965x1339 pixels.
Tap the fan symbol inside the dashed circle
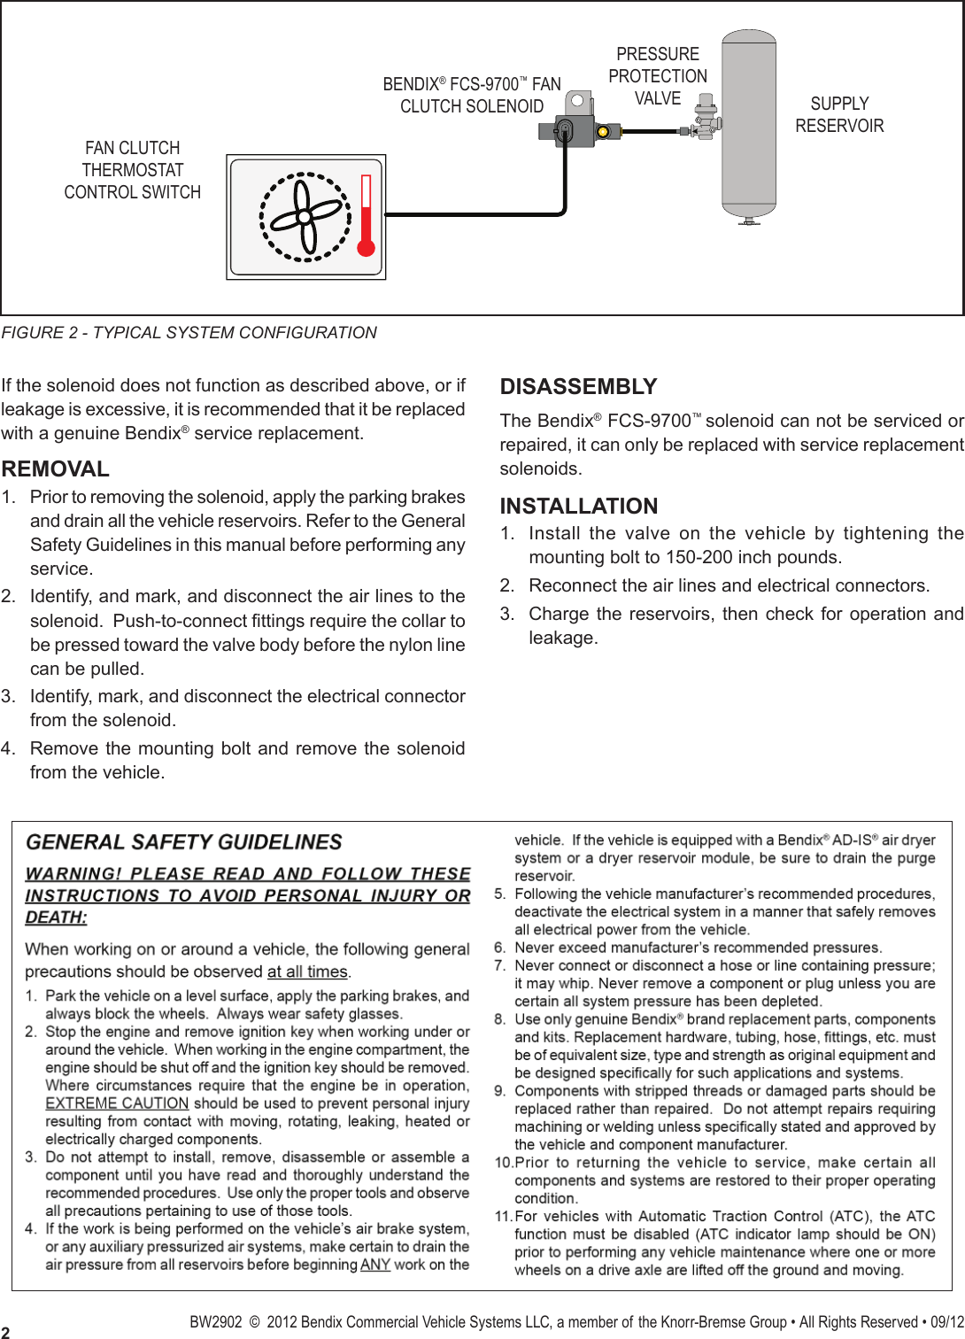click(304, 217)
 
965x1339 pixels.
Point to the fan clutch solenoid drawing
click(568, 122)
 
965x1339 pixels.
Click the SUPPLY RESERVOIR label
click(838, 115)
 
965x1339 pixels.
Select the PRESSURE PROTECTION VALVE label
click(658, 76)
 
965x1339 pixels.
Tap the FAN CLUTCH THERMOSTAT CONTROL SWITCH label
click(133, 170)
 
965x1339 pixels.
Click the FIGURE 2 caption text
click(189, 333)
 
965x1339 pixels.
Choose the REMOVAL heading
click(56, 468)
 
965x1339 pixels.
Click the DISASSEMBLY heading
click(578, 387)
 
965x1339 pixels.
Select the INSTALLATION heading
click(579, 506)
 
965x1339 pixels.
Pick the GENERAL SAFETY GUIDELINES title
click(184, 842)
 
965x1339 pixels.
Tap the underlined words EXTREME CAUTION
click(117, 1103)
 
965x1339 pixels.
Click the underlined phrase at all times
click(307, 971)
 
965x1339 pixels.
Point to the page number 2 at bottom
click(6, 1331)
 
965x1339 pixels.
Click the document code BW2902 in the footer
click(215, 1322)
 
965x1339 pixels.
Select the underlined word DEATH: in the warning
click(56, 917)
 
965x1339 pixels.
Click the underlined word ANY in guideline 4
click(375, 1265)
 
